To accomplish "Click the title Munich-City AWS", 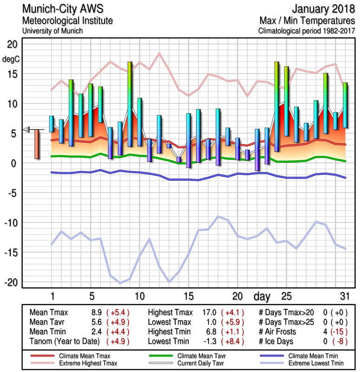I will click(62, 9).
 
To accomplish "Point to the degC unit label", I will click(11, 59).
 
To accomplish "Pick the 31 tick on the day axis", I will click(344, 296).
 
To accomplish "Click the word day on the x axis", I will click(262, 296).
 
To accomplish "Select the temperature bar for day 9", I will click(130, 98).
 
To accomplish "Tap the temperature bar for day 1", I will click(52, 124).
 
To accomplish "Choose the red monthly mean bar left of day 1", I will click(37, 144).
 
